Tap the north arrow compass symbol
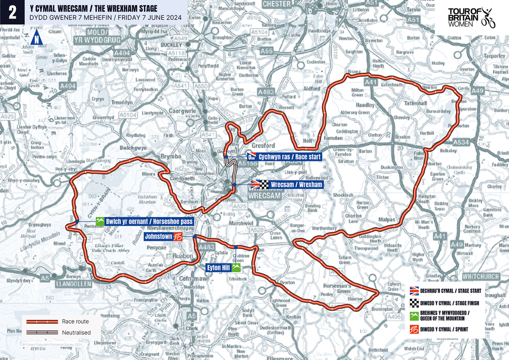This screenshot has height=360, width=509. click(x=38, y=37)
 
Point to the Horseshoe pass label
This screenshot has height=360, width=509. click(x=144, y=222)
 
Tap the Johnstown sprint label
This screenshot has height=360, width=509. click(x=165, y=236)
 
